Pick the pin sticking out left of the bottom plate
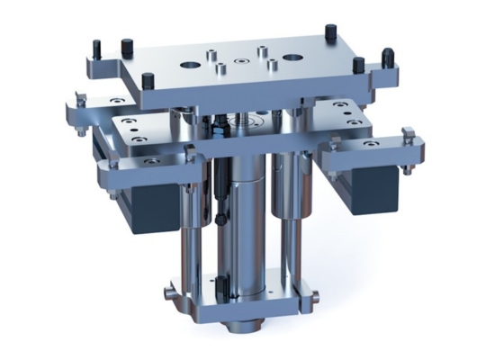coord(168,292)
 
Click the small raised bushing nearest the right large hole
coord(271,63)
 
